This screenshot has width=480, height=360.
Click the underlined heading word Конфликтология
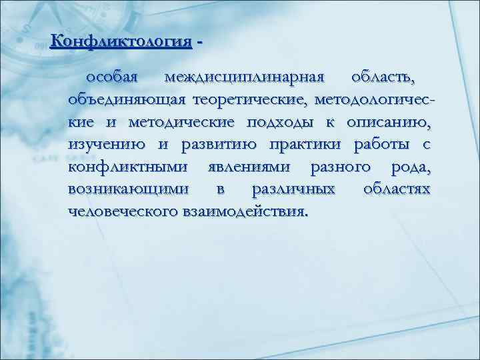[x=121, y=41]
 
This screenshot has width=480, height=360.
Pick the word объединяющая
[x=128, y=100]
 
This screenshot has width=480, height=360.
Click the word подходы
[x=293, y=123]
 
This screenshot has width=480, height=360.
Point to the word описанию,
[x=389, y=123]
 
